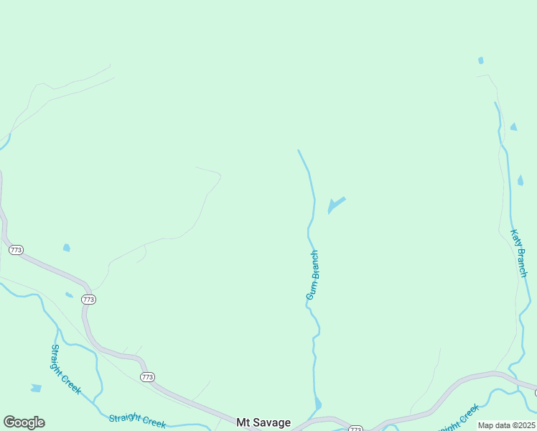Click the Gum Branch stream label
(x=312, y=275)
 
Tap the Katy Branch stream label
(x=518, y=253)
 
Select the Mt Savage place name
(x=264, y=422)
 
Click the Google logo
(x=24, y=422)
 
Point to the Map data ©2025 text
(x=506, y=425)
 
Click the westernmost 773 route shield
(x=16, y=250)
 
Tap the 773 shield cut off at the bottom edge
(x=355, y=428)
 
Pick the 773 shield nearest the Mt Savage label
(x=147, y=376)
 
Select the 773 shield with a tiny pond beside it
(x=88, y=299)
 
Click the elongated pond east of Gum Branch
(x=336, y=204)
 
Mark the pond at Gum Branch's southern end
(x=317, y=404)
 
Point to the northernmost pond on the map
(x=480, y=60)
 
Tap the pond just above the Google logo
(x=36, y=388)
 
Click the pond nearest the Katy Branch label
(x=520, y=180)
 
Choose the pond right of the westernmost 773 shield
(x=67, y=248)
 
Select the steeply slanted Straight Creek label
(x=65, y=369)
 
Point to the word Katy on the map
(x=515, y=240)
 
